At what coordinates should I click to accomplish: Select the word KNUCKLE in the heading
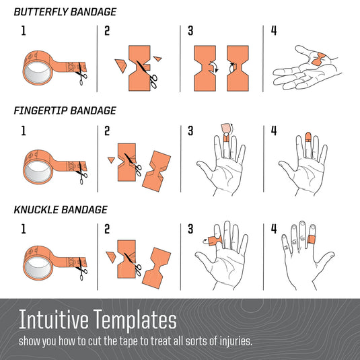[36, 210]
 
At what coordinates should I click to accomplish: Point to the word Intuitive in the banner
[53, 320]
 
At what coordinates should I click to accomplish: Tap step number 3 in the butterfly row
[190, 31]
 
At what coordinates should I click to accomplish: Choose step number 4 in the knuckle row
[274, 229]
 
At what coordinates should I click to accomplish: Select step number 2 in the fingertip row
[107, 131]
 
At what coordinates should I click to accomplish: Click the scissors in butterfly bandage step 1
[81, 73]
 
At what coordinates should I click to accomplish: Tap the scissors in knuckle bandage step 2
[134, 264]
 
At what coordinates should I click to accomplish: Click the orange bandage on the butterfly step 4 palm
[318, 59]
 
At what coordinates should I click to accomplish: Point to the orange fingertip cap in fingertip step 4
[308, 137]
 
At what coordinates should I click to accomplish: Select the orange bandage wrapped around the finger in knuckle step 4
[312, 240]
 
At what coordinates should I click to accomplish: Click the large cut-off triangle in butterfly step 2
[120, 65]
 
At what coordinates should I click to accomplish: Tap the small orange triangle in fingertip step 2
[111, 159]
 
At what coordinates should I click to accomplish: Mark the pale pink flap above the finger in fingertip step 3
[226, 129]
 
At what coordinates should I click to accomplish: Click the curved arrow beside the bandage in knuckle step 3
[205, 241]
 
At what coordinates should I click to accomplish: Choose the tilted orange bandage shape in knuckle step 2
[156, 268]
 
